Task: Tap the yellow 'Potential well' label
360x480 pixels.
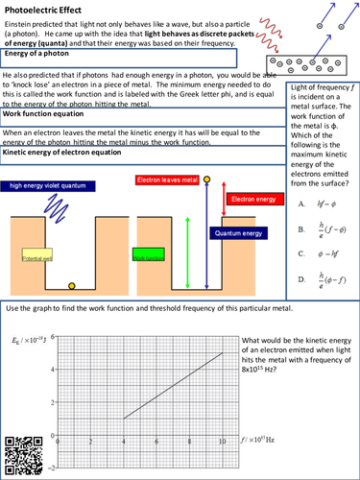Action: pyautogui.click(x=35, y=258)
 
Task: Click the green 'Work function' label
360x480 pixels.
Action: pyautogui.click(x=149, y=258)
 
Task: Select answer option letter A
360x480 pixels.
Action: pyautogui.click(x=301, y=204)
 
